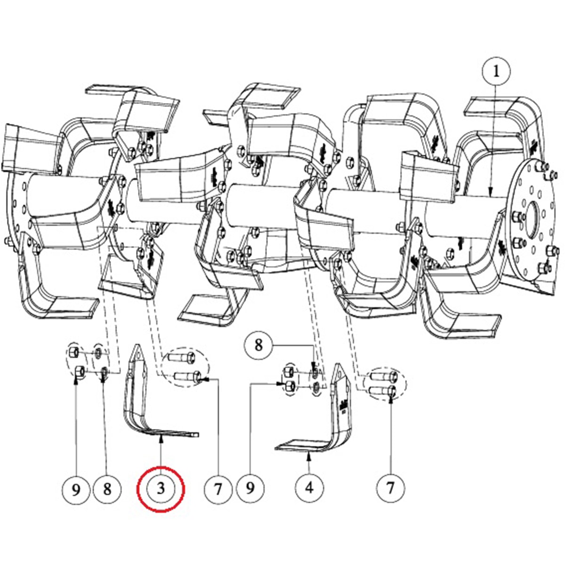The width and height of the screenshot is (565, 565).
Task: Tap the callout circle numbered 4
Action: (309, 488)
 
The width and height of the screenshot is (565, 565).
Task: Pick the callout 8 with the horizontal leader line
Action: (258, 346)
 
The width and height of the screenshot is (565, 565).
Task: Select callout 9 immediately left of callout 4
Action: (250, 488)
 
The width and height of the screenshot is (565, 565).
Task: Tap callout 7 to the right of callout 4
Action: (390, 488)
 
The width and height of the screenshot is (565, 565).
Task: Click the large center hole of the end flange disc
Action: (533, 218)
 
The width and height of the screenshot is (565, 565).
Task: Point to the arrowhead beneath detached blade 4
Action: (309, 457)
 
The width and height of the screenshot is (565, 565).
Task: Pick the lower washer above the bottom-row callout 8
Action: (104, 372)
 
